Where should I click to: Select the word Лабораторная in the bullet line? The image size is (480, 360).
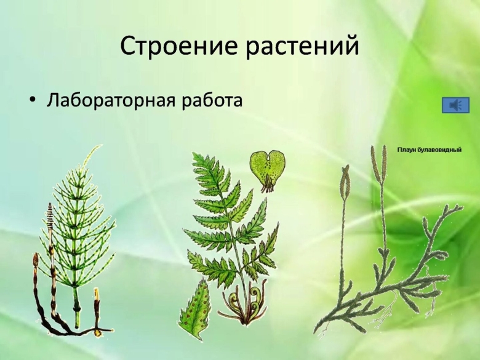pos(111,100)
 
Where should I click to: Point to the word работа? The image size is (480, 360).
pos(210,100)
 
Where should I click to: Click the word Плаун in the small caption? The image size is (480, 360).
pos(407,150)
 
